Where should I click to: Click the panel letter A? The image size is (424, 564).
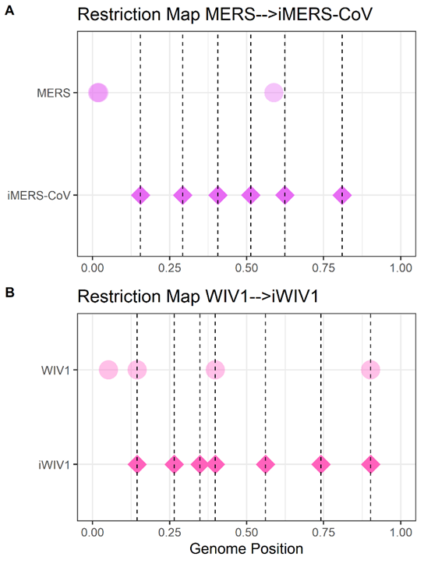tap(9, 10)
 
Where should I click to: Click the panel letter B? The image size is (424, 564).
tap(9, 293)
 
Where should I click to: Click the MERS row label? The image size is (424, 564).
tap(54, 93)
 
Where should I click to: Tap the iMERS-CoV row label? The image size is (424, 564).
tap(39, 196)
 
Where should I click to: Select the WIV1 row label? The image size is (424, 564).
tap(55, 370)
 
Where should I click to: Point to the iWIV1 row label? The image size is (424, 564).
tap(54, 465)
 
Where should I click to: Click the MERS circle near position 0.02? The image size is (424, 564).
tap(98, 93)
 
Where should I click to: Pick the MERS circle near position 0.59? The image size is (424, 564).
tap(274, 93)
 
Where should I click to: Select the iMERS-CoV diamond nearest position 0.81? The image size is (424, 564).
tap(342, 195)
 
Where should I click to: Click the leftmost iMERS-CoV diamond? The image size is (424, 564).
tap(140, 195)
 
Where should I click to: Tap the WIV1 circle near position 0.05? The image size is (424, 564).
tap(108, 370)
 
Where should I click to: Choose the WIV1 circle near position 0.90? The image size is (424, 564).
tap(370, 370)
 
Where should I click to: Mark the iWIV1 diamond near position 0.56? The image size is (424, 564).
tap(265, 464)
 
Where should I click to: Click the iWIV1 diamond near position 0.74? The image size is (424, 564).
tap(321, 464)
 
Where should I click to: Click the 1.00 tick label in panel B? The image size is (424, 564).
tap(401, 532)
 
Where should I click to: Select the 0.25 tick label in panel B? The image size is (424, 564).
tap(170, 532)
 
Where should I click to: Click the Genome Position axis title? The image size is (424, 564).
tap(246, 549)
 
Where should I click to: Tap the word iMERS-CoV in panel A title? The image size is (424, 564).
tap(325, 15)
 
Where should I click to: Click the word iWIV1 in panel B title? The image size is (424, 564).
tap(295, 296)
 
